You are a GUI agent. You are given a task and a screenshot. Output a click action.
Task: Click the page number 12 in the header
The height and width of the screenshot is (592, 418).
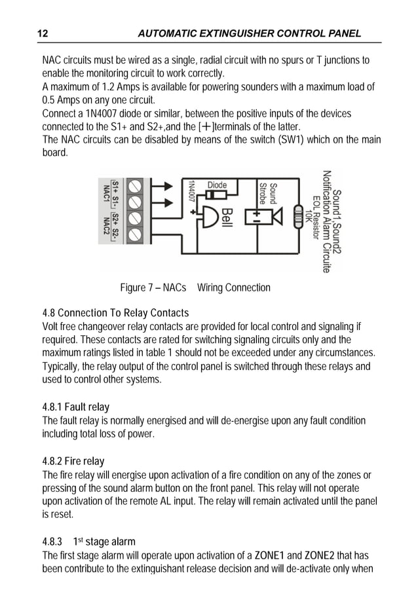coord(43,33)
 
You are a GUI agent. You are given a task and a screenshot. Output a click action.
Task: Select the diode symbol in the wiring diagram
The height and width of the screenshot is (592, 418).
coord(218,194)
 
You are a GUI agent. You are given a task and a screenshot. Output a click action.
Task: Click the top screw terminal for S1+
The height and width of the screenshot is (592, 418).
coord(136,186)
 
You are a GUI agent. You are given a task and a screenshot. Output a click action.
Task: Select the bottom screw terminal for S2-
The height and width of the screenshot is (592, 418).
coord(136,234)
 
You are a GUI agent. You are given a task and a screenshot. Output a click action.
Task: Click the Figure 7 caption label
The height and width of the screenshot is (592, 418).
coord(153,287)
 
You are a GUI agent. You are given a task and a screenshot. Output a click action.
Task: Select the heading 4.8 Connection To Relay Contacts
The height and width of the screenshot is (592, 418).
coord(115,313)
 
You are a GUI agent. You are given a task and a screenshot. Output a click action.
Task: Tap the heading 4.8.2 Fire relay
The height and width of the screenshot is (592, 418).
coord(73,461)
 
